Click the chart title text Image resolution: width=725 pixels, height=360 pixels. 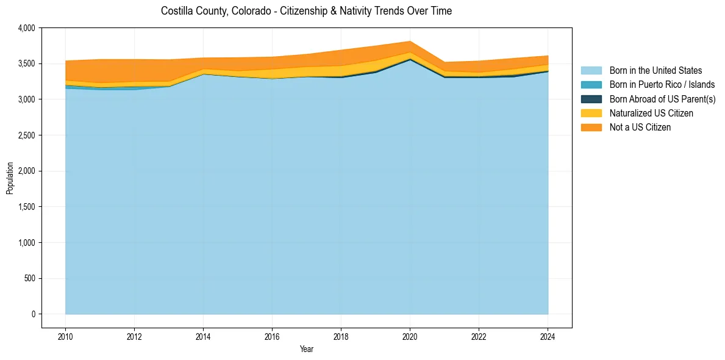point(306,11)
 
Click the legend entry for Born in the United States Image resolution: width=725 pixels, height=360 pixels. point(655,71)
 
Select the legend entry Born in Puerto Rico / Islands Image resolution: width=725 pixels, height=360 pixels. point(662,85)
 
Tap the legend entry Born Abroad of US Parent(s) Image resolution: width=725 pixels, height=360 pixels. point(662,99)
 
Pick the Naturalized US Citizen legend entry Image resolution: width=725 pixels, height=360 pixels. point(651,113)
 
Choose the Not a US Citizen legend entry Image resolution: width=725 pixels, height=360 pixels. point(640,127)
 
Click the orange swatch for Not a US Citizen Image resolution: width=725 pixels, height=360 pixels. point(591,127)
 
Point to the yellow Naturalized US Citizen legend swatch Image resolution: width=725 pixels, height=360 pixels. point(591,113)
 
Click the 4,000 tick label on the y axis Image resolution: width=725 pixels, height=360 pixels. point(27,28)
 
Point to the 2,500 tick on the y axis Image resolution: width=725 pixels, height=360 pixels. point(27,135)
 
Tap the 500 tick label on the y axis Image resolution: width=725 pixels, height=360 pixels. point(30,279)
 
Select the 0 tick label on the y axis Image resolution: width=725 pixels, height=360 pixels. point(34,314)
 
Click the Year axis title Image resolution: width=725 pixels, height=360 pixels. point(307,349)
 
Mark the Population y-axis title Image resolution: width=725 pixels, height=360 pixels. point(10,178)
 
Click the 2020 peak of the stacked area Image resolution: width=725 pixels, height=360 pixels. point(410,41)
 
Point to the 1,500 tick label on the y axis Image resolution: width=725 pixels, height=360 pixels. point(27,207)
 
